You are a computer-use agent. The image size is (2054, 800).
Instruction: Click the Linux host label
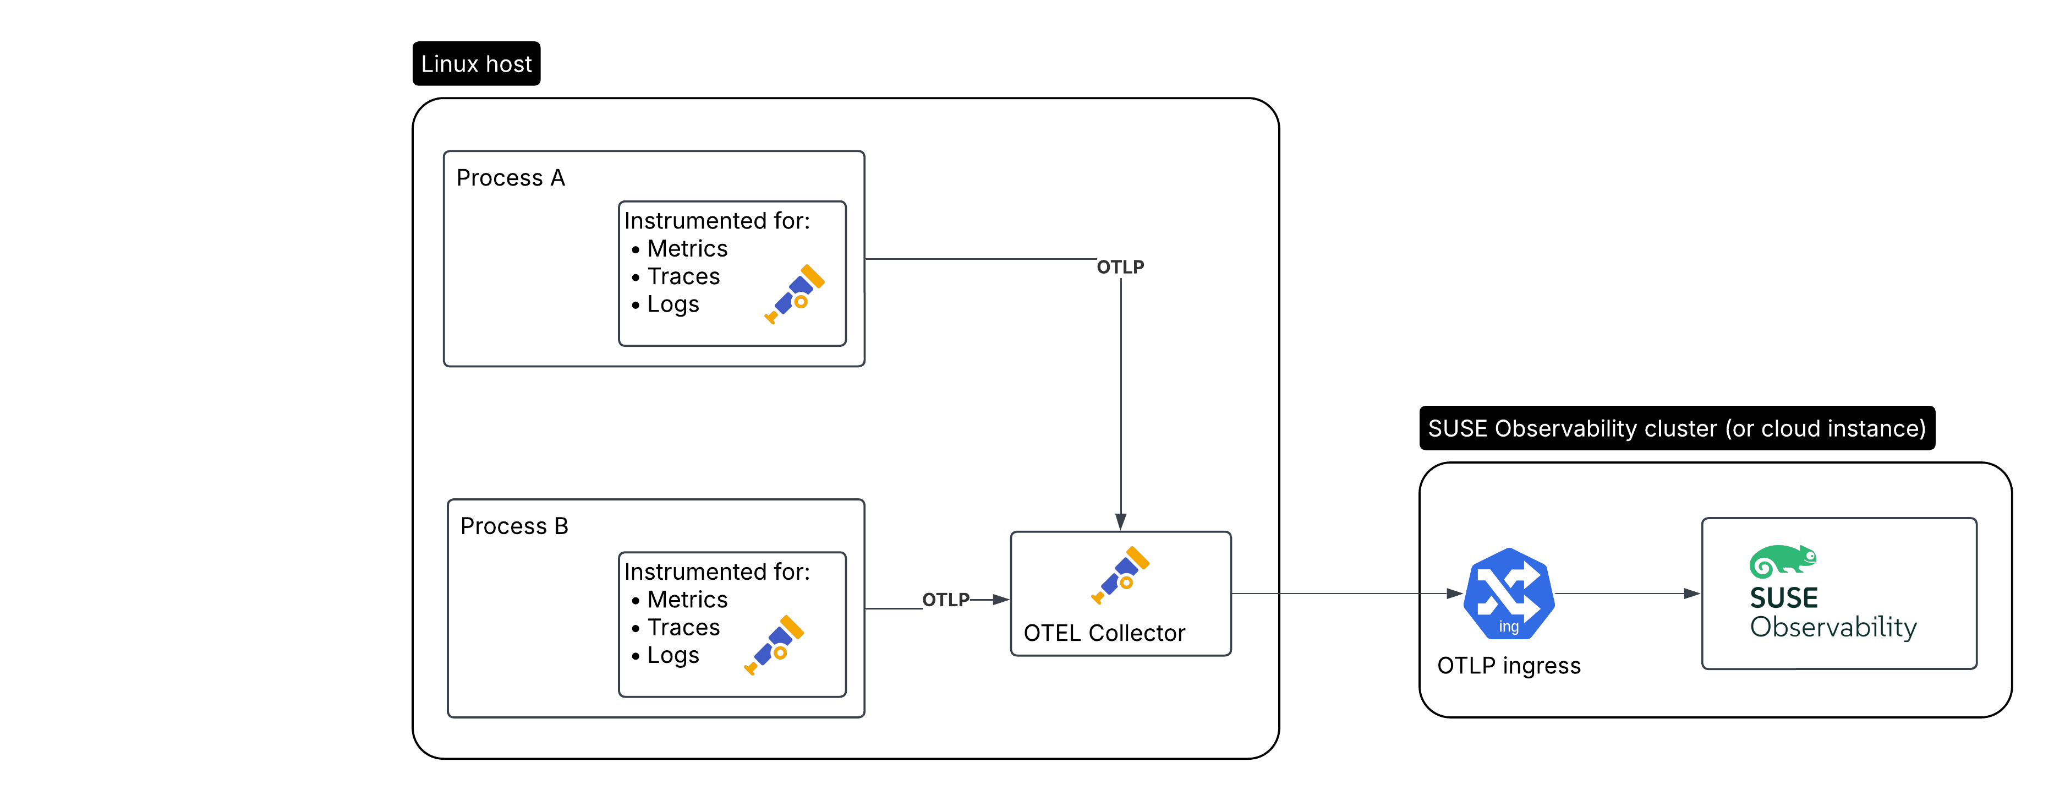476,64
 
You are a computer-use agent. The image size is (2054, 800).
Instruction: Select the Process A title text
510,178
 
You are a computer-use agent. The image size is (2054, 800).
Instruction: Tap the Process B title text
514,526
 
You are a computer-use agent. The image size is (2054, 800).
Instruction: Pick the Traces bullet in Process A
682,277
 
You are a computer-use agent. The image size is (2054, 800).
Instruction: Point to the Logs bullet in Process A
672,304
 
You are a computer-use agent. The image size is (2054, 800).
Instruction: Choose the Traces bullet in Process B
682,628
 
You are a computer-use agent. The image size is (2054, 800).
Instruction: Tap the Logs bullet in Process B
672,656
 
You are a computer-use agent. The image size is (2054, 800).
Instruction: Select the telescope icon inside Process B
774,645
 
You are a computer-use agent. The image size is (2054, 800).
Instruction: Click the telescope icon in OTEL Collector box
1120,574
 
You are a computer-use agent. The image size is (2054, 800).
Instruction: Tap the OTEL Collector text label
1104,633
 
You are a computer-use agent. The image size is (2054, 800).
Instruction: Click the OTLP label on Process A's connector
1120,267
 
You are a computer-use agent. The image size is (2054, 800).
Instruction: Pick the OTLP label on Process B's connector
946,600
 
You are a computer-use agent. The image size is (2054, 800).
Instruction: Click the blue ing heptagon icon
1509,594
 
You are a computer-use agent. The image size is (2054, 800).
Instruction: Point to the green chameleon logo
1782,562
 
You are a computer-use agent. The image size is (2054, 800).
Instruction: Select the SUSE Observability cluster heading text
1676,429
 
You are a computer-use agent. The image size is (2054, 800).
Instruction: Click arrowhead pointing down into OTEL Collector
1121,521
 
